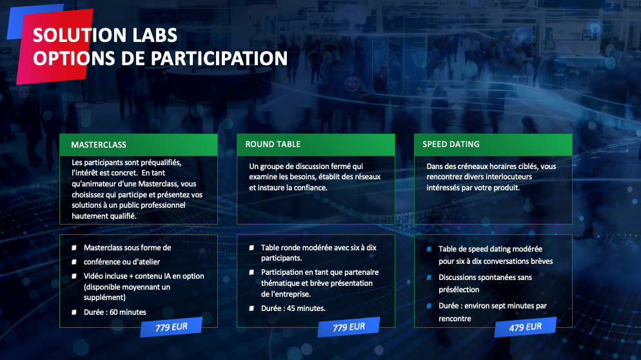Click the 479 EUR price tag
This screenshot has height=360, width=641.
[x=526, y=327]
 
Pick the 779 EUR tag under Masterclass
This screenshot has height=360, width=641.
[x=172, y=327]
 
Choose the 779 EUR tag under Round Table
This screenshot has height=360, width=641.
[x=349, y=327]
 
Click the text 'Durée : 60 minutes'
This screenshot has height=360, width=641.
[x=115, y=312]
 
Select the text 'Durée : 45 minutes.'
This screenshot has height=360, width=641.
[x=293, y=308]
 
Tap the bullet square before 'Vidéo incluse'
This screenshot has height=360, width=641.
[x=74, y=276]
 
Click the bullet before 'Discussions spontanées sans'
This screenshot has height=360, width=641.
[x=429, y=277]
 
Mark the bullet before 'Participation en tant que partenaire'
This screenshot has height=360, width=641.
[x=251, y=272]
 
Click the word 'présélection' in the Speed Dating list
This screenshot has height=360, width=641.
[x=459, y=290]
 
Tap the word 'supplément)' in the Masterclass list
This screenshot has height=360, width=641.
[x=104, y=297]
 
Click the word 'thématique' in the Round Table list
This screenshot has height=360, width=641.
[x=281, y=283]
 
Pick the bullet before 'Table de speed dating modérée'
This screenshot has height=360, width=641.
[x=429, y=249]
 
